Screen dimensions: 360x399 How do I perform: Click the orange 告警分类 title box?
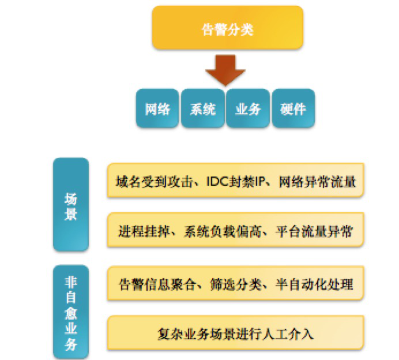(x=227, y=29)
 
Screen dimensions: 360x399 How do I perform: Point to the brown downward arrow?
(x=227, y=69)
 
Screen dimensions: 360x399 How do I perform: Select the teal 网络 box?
(x=157, y=108)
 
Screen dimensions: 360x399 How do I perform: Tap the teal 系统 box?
(x=202, y=108)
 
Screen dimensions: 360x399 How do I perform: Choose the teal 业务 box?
(x=248, y=108)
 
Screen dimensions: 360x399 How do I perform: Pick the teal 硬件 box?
(x=293, y=108)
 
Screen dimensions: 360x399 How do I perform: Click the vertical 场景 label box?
(x=71, y=205)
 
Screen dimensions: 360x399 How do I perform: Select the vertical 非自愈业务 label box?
(x=71, y=312)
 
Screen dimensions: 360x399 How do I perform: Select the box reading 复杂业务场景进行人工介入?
(x=235, y=333)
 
